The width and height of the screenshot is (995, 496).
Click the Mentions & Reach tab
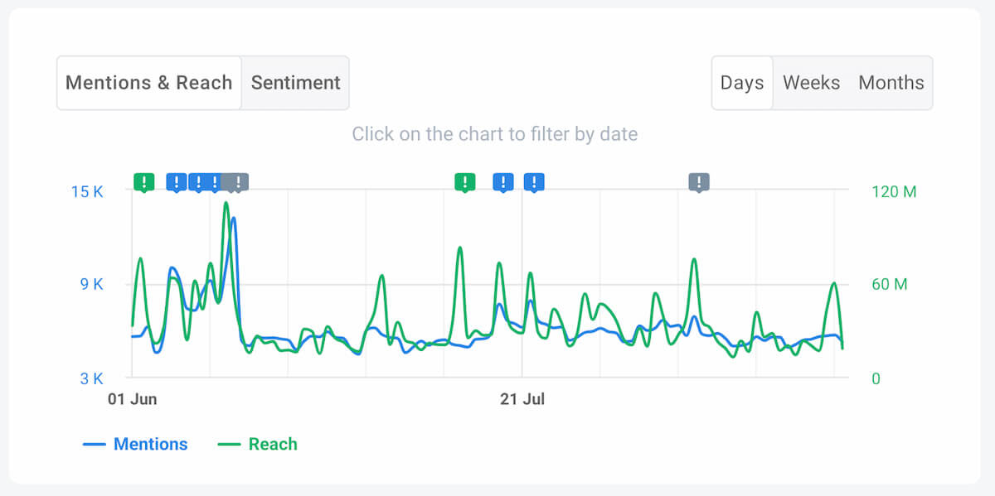pos(148,83)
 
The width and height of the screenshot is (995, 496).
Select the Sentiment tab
pos(295,83)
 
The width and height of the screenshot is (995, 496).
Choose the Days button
pos(742,83)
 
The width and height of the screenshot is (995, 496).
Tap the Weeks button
pos(811,83)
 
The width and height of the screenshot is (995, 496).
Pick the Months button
pos(891,83)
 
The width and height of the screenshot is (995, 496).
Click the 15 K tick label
pos(87,191)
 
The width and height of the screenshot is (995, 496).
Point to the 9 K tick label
pos(91,284)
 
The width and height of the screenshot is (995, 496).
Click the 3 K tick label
pos(91,378)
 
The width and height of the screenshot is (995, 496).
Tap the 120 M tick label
pos(894,191)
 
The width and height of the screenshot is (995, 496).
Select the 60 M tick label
pos(889,284)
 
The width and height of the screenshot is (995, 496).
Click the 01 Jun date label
pos(133,399)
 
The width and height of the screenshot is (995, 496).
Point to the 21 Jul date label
pos(522,399)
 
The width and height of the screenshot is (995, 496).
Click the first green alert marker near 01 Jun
pos(144,182)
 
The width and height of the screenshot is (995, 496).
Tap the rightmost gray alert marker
pos(699,182)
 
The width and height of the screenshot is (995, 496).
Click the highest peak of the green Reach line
pos(226,203)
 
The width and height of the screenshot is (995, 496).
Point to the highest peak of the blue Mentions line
pos(233,219)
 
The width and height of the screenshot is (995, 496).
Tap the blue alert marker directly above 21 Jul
pos(534,182)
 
